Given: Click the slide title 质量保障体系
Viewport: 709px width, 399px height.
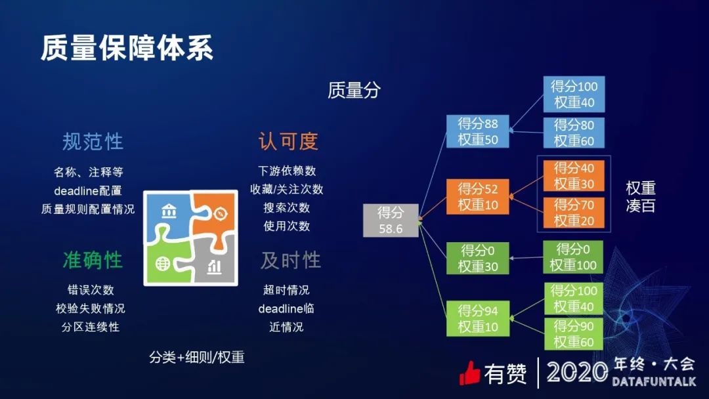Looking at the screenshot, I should coord(127,49).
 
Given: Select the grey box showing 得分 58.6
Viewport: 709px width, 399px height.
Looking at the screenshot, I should coord(391,220).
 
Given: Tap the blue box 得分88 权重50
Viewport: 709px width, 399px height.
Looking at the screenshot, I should coord(478,131).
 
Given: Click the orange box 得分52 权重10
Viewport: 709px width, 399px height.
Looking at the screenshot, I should coord(478,197).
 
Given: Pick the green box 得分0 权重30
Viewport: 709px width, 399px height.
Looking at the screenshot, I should coord(478,258).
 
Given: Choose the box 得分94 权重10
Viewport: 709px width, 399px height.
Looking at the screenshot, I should coord(478,319).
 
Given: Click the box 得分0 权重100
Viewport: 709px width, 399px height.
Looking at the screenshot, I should coord(572,257).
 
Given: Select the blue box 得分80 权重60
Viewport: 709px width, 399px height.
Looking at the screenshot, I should coord(574,133).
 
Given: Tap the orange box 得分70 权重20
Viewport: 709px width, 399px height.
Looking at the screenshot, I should coord(573,213).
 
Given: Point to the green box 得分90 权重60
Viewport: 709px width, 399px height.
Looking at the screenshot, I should coord(573,333).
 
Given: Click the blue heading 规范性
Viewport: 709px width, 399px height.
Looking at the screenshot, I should coord(93,141).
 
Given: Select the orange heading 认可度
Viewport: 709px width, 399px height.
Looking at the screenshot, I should coord(288,141).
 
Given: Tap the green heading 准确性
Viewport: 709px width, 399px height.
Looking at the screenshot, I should coord(93,260).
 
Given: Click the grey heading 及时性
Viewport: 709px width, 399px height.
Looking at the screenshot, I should coord(290,260).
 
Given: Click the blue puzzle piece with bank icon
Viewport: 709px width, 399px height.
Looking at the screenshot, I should coord(168,214).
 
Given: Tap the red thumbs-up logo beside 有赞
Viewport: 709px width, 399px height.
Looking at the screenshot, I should coord(470,373).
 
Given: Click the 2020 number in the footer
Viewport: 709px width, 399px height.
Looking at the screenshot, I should coord(577,373).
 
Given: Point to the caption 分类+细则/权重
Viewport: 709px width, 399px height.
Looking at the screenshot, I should coord(196,358).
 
